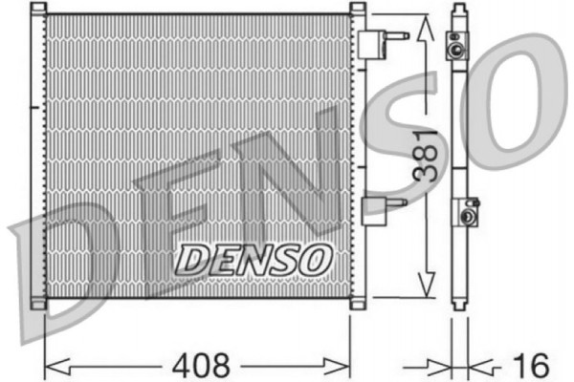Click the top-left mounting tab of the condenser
click(37, 10)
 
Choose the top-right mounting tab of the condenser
click(358, 10)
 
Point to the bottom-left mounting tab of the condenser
click(37, 305)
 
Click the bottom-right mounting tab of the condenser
click(358, 305)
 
